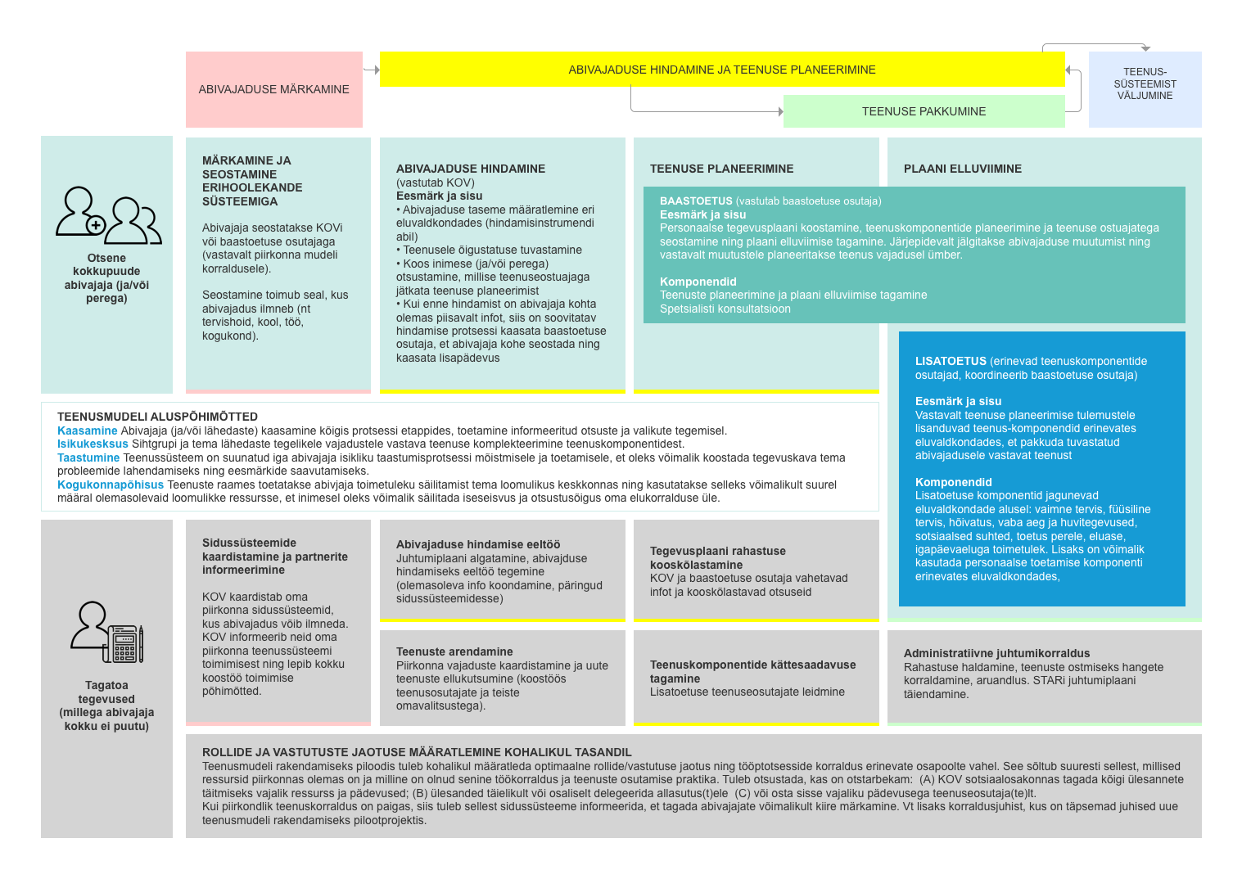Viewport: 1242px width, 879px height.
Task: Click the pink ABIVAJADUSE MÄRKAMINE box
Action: [x=273, y=89]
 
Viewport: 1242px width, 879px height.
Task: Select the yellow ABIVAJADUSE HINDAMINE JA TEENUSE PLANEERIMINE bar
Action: [x=721, y=70]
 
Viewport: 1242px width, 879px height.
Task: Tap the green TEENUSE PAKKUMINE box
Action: [x=924, y=111]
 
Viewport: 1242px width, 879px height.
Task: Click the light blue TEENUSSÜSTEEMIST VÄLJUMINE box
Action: [x=1145, y=84]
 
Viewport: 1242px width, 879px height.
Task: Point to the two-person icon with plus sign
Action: [x=108, y=215]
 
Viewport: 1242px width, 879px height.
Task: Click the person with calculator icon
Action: [x=107, y=632]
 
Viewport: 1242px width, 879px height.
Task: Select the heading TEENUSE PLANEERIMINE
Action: [x=721, y=169]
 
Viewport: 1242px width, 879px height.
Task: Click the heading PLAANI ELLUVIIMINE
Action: [x=962, y=169]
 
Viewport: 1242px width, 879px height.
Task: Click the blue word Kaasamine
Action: [x=87, y=430]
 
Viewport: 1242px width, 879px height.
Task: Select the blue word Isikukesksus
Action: [x=93, y=444]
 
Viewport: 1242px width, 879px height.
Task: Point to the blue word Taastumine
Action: [x=88, y=458]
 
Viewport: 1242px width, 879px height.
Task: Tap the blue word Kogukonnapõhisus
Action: [x=111, y=485]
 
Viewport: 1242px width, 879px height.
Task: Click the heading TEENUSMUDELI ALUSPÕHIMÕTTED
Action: [x=157, y=417]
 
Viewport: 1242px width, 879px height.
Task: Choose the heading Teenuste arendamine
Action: [x=454, y=651]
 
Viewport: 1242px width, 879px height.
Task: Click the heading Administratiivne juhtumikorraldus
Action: [x=996, y=653]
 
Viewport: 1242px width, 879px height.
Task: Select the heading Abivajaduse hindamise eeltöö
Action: [x=478, y=544]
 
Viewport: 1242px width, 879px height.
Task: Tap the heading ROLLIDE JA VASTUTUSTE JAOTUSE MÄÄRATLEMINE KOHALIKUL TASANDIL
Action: [x=417, y=752]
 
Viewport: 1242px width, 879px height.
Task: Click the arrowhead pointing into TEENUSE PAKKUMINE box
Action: [x=780, y=111]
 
